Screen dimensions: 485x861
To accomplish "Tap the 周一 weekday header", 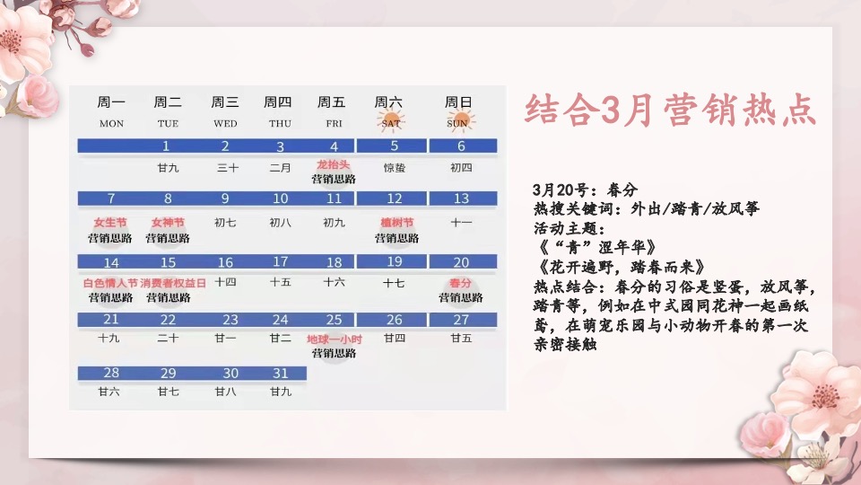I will [111, 102].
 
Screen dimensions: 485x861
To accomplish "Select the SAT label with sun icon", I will [391, 122].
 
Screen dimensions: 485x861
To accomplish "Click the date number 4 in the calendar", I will [335, 146].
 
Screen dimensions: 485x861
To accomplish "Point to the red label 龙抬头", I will [333, 165].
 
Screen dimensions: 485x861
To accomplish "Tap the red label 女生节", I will [110, 223].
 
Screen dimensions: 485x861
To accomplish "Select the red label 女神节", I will [168, 223].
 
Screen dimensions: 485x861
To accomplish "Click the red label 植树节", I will [396, 223].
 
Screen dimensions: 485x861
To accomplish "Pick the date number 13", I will [461, 198].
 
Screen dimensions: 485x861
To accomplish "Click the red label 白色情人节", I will [110, 283].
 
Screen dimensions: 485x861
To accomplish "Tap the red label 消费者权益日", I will [173, 283].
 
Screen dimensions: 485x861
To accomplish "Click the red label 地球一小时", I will [334, 339].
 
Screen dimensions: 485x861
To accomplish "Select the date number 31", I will [281, 373].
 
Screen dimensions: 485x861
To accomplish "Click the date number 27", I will [461, 320].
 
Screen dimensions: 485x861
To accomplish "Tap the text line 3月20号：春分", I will [585, 190].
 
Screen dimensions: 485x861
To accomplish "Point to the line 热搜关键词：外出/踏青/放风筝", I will [646, 209].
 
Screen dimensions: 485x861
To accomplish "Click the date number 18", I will [334, 262].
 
